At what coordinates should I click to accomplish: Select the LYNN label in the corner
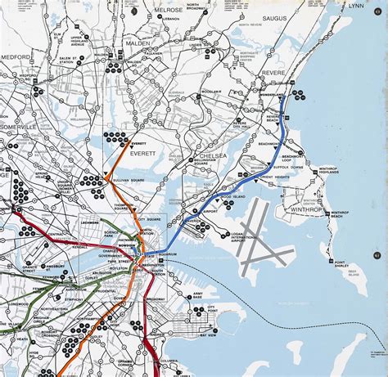[x=356, y=6]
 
